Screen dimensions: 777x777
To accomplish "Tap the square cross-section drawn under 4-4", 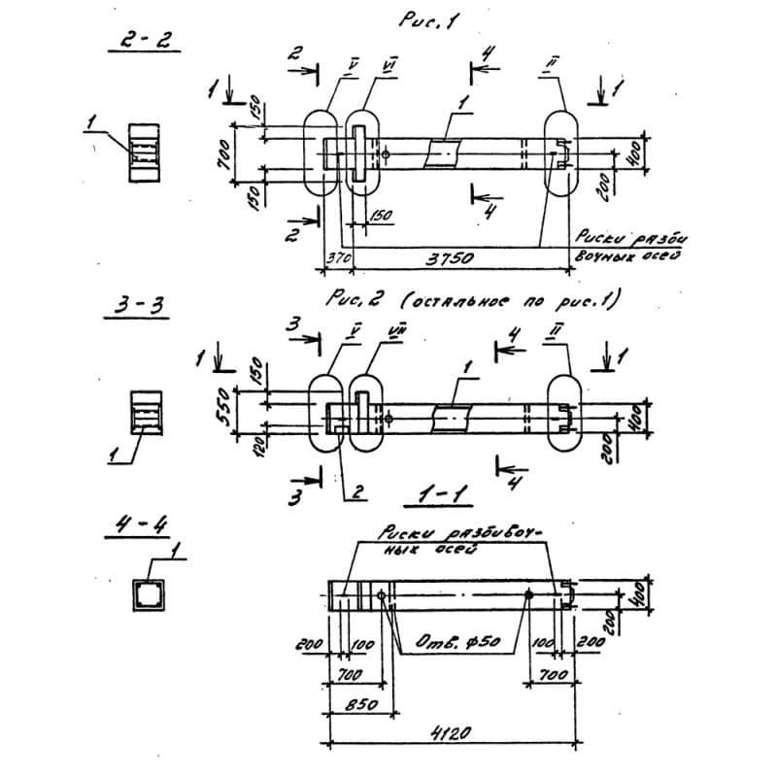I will (x=149, y=593).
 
